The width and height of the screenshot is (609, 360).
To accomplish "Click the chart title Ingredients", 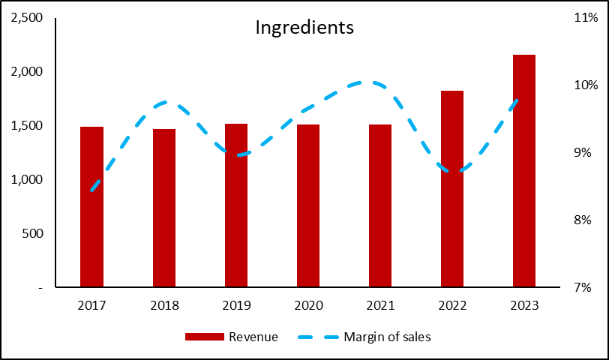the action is [304, 28].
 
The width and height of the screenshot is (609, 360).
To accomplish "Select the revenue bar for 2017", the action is [92, 206].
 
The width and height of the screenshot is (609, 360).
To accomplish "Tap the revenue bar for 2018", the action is [164, 208].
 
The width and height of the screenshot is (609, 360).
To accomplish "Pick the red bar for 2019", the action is [236, 205].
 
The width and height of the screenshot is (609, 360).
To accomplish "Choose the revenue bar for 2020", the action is [308, 205].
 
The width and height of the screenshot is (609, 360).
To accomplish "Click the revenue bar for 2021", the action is [380, 205].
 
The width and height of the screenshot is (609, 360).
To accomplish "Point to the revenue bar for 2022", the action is [452, 189].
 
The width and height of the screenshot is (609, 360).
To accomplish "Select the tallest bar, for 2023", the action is [524, 171].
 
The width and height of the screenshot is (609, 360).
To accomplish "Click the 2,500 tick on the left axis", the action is [27, 18].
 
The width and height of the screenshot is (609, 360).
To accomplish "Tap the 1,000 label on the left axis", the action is [27, 180].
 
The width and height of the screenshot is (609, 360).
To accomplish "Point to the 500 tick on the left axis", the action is [33, 233].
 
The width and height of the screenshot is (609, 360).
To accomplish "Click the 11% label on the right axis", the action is [586, 18].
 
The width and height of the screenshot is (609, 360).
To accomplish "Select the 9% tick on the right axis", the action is [583, 152].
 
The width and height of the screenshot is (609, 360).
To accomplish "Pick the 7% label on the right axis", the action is [583, 288].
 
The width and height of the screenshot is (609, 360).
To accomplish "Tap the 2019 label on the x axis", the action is [236, 306].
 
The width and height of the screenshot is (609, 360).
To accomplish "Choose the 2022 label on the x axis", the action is [452, 306].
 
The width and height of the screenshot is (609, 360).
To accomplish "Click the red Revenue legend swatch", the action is [205, 337].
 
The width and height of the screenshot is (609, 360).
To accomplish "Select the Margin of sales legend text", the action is [387, 337].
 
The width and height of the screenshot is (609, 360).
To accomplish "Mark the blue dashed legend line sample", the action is [318, 337].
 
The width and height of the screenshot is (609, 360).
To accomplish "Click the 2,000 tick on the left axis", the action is [27, 72].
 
